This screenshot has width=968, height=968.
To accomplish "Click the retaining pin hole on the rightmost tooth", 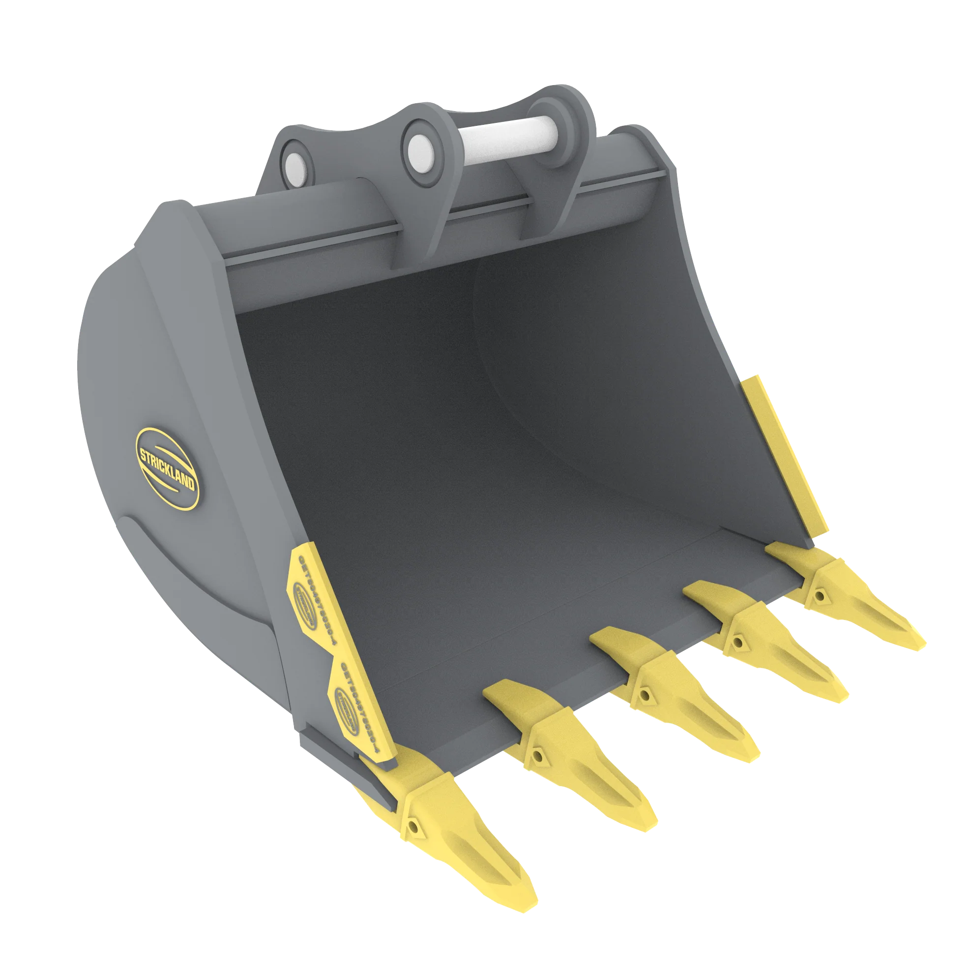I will pos(819,596).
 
